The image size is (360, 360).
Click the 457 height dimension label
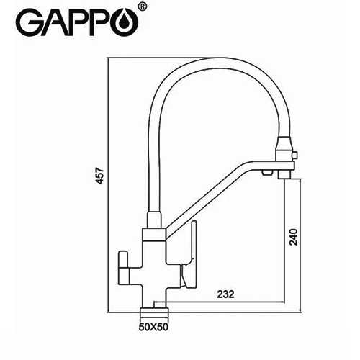pyautogui.click(x=100, y=176)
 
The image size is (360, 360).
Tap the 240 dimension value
pyautogui.click(x=293, y=237)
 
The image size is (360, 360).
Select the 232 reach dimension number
pyautogui.click(x=225, y=294)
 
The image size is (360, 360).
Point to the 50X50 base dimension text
pyautogui.click(x=153, y=327)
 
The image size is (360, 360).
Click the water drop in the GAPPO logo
pyautogui.click(x=128, y=23)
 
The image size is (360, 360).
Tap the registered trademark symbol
pyautogui.click(x=143, y=6)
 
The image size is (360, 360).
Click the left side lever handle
pyautogui.click(x=124, y=267)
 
